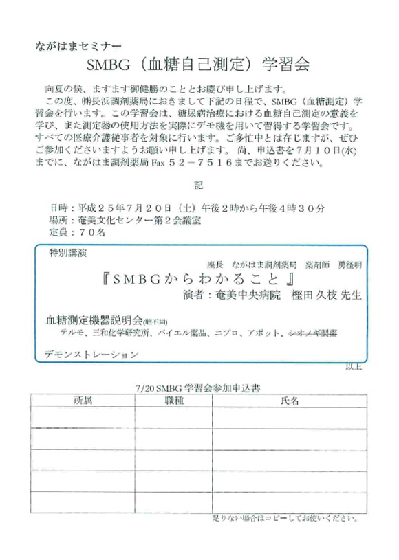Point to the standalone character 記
pyautogui.click(x=199, y=185)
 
